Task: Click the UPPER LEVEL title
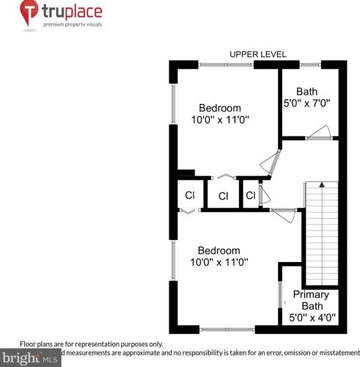coord(257,54)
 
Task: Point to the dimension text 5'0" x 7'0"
coord(306,104)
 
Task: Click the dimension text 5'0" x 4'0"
coord(312,318)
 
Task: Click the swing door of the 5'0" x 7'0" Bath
coord(320,132)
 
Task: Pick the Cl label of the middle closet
coord(223,196)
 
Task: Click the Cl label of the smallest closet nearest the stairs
coord(250,195)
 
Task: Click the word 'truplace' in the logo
coord(72,12)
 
